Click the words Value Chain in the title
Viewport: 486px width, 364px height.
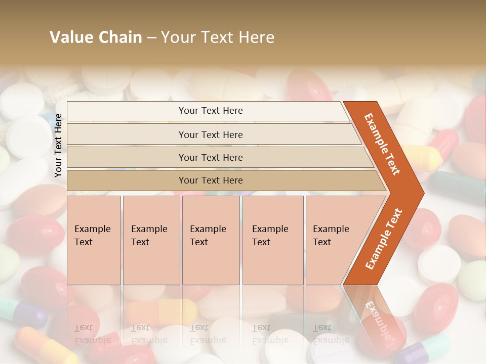coord(96,37)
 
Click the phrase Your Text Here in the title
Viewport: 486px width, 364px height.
coord(218,37)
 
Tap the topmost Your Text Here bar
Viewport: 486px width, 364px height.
coord(211,111)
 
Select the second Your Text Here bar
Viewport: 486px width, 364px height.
coord(211,134)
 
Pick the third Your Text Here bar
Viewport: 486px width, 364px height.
coord(211,158)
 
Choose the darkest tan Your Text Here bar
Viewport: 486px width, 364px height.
coord(211,180)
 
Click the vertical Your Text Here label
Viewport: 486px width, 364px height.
coord(58,146)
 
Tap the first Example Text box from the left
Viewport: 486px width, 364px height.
coord(94,240)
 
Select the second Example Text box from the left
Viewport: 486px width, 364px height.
coord(151,240)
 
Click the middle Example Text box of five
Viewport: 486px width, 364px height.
coord(211,240)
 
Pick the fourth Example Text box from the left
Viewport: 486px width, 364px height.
coord(273,240)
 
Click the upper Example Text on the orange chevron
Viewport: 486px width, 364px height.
coord(382,144)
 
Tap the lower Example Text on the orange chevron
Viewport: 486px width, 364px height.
coord(384,239)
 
